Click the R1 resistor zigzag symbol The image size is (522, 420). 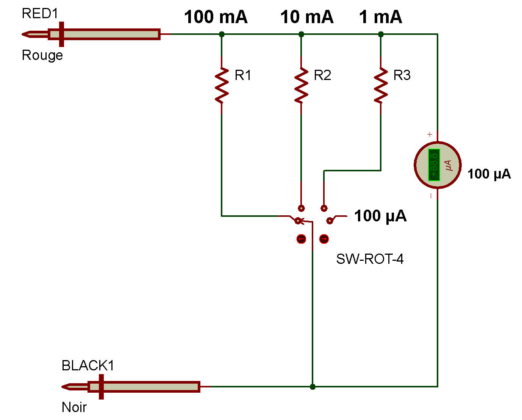[222, 85]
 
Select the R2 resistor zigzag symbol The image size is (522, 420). [301, 85]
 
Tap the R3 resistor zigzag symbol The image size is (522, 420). [381, 85]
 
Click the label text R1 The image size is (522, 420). [243, 75]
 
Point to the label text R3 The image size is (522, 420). [402, 75]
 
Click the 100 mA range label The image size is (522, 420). [216, 17]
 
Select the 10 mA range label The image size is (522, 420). [307, 17]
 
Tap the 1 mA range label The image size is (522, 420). [380, 17]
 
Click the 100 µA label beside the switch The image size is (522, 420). [380, 216]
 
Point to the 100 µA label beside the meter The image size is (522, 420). [489, 174]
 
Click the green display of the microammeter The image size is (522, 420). [434, 165]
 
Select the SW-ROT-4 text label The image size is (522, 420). [370, 259]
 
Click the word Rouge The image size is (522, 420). [42, 55]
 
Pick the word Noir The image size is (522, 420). [74, 407]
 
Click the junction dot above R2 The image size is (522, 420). [301, 34]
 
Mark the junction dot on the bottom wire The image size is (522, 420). [313, 387]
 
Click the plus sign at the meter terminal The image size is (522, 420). [430, 134]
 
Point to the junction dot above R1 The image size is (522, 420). [222, 34]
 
